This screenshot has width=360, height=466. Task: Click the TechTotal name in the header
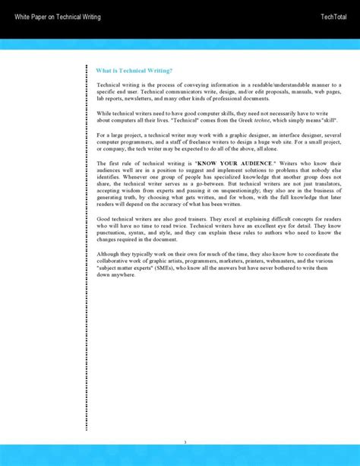tap(335, 16)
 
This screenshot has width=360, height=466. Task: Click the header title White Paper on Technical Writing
tap(58, 16)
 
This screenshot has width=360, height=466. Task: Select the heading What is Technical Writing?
tap(134, 70)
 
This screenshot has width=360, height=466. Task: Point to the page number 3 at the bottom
tap(185, 442)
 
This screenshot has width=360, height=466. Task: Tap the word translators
tap(326, 185)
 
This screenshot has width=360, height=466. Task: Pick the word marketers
tap(211, 261)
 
